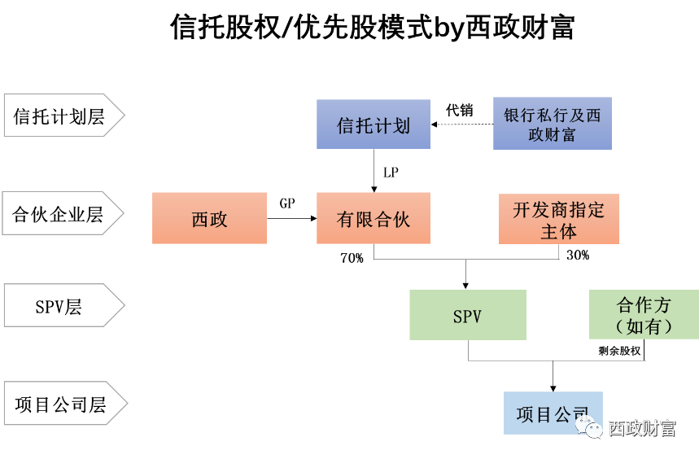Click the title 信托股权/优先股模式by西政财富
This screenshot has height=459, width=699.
(373, 27)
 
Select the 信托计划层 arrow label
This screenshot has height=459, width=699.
(61, 116)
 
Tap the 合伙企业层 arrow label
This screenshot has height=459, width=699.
(61, 215)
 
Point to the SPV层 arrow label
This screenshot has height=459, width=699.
(61, 307)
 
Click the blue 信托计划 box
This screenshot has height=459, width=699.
(374, 125)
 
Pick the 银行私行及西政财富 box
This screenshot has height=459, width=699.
(552, 125)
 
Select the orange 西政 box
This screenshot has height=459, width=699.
(209, 218)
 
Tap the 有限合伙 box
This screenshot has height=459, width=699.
(374, 218)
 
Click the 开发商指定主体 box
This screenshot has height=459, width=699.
(558, 219)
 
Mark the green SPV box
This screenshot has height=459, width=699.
(467, 315)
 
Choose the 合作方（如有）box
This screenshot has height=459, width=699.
(644, 315)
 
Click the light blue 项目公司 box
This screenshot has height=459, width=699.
(553, 413)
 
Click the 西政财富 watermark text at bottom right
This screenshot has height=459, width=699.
(643, 427)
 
